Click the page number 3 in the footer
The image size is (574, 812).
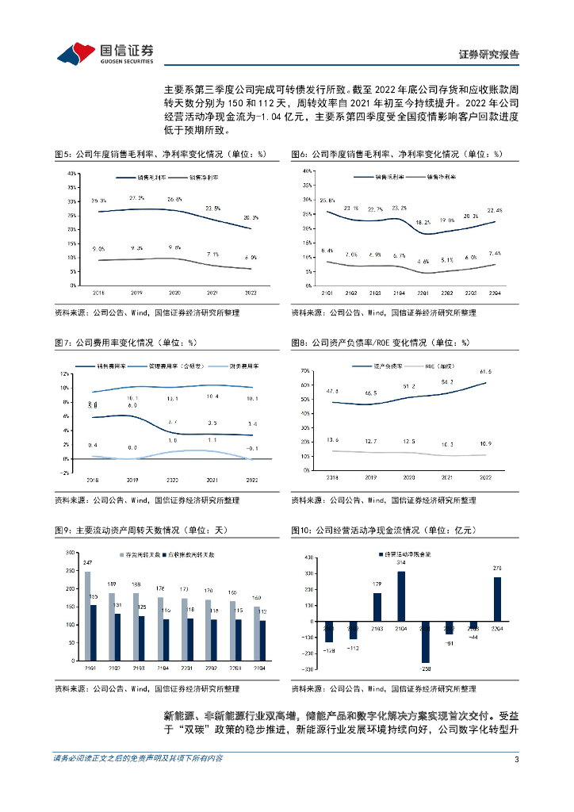[x=516, y=781]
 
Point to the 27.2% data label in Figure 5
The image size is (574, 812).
[x=136, y=197]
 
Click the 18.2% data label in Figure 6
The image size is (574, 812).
[x=423, y=223]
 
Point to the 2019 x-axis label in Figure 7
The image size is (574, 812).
[x=132, y=480]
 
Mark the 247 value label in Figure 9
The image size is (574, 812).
[x=88, y=562]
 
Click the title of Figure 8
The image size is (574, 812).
[x=381, y=343]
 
